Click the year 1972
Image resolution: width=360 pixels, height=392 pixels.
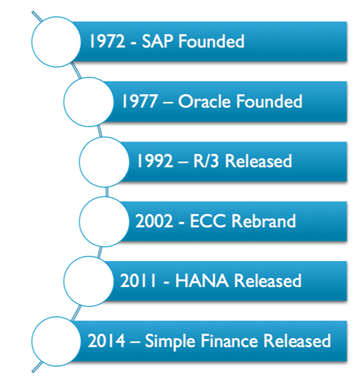[108, 41]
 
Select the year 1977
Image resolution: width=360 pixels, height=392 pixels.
[140, 101]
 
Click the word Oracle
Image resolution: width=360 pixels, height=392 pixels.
[205, 101]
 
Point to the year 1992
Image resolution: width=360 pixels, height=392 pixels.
[155, 161]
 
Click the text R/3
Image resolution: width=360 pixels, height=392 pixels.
[206, 161]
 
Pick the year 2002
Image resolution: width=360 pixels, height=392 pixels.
[154, 221]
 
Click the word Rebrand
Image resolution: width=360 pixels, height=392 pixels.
[264, 221]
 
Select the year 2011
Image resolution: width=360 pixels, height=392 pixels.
[138, 280]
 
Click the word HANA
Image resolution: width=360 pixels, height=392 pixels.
[202, 280]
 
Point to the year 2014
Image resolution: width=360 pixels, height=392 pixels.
[106, 340]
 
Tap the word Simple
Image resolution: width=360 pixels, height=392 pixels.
[170, 341]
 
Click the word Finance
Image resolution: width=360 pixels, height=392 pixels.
[229, 340]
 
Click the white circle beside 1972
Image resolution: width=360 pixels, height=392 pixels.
[56, 42]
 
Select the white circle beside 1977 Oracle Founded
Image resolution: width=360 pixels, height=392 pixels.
[89, 102]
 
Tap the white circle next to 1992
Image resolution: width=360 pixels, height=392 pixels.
[104, 162]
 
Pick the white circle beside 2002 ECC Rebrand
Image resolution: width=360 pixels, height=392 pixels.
[104, 221]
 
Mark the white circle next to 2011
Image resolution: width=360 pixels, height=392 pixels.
[89, 281]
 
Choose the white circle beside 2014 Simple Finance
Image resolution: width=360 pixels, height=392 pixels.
[56, 341]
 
